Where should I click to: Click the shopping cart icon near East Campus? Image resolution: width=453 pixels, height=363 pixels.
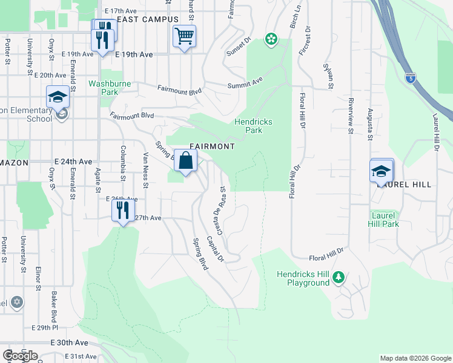point(184,36)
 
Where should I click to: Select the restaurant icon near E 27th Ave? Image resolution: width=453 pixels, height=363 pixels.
point(123,211)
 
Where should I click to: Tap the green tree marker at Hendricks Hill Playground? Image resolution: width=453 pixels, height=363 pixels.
point(339,278)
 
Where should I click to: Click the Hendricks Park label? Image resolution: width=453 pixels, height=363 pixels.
point(253,125)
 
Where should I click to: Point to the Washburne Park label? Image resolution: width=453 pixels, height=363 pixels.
point(103,88)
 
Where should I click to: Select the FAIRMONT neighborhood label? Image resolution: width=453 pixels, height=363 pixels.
point(212,146)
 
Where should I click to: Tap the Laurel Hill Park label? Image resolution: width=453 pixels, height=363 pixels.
point(383,219)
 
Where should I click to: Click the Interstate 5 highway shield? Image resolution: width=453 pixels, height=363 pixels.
point(411,77)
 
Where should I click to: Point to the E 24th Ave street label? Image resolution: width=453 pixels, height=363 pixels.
point(73,162)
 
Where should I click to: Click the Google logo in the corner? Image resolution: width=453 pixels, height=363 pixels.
point(20,356)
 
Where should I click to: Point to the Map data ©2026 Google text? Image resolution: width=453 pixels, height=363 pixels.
point(415,358)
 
